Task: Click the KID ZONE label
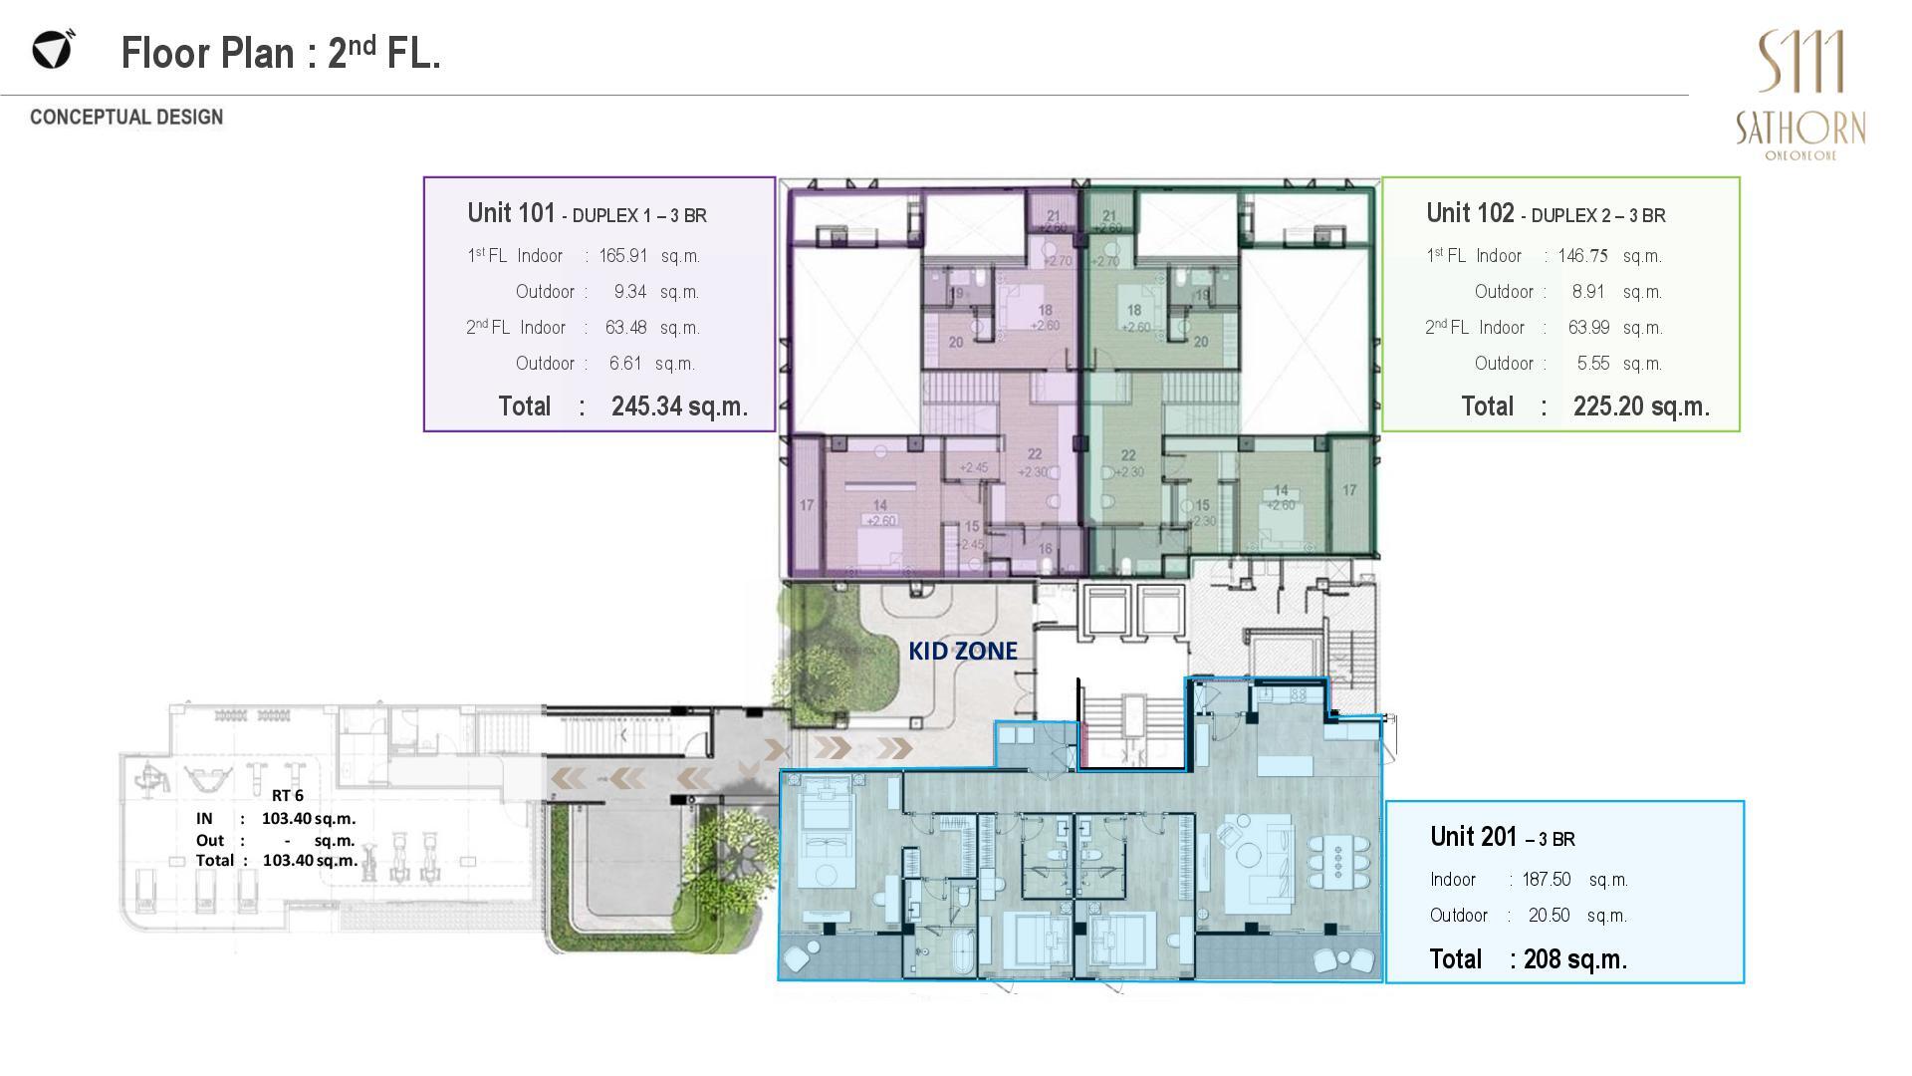962,651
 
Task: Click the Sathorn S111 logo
1800,94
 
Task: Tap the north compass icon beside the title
52,49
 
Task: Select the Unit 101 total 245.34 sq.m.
678,406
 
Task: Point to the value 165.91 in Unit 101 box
622,256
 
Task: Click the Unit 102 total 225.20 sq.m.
1640,406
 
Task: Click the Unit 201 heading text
1502,837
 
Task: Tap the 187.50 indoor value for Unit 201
1546,880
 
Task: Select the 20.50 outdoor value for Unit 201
1549,916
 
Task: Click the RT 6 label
287,795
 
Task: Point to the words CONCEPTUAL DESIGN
126,118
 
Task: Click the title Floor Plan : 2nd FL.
281,53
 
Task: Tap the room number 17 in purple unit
807,505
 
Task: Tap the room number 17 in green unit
1349,490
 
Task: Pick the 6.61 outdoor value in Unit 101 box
625,364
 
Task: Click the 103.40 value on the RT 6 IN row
287,818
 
